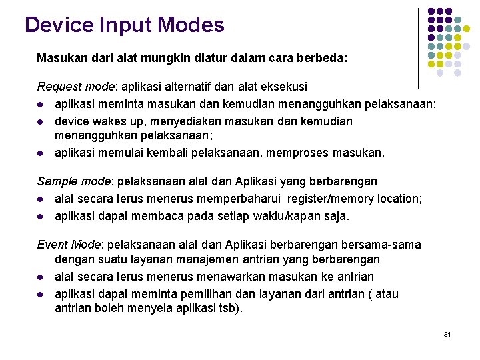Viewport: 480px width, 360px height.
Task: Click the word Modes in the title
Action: click(x=192, y=25)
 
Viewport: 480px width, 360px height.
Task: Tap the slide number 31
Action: click(x=447, y=333)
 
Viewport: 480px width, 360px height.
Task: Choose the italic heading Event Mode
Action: click(x=67, y=245)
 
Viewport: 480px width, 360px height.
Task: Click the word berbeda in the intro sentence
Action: click(x=324, y=58)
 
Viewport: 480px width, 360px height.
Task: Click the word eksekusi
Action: click(x=285, y=87)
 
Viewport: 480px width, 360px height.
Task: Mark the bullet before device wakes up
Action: click(x=41, y=121)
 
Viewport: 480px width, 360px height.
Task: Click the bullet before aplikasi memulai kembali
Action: click(x=41, y=153)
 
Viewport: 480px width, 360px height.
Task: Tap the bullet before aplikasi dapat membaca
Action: click(x=41, y=216)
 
